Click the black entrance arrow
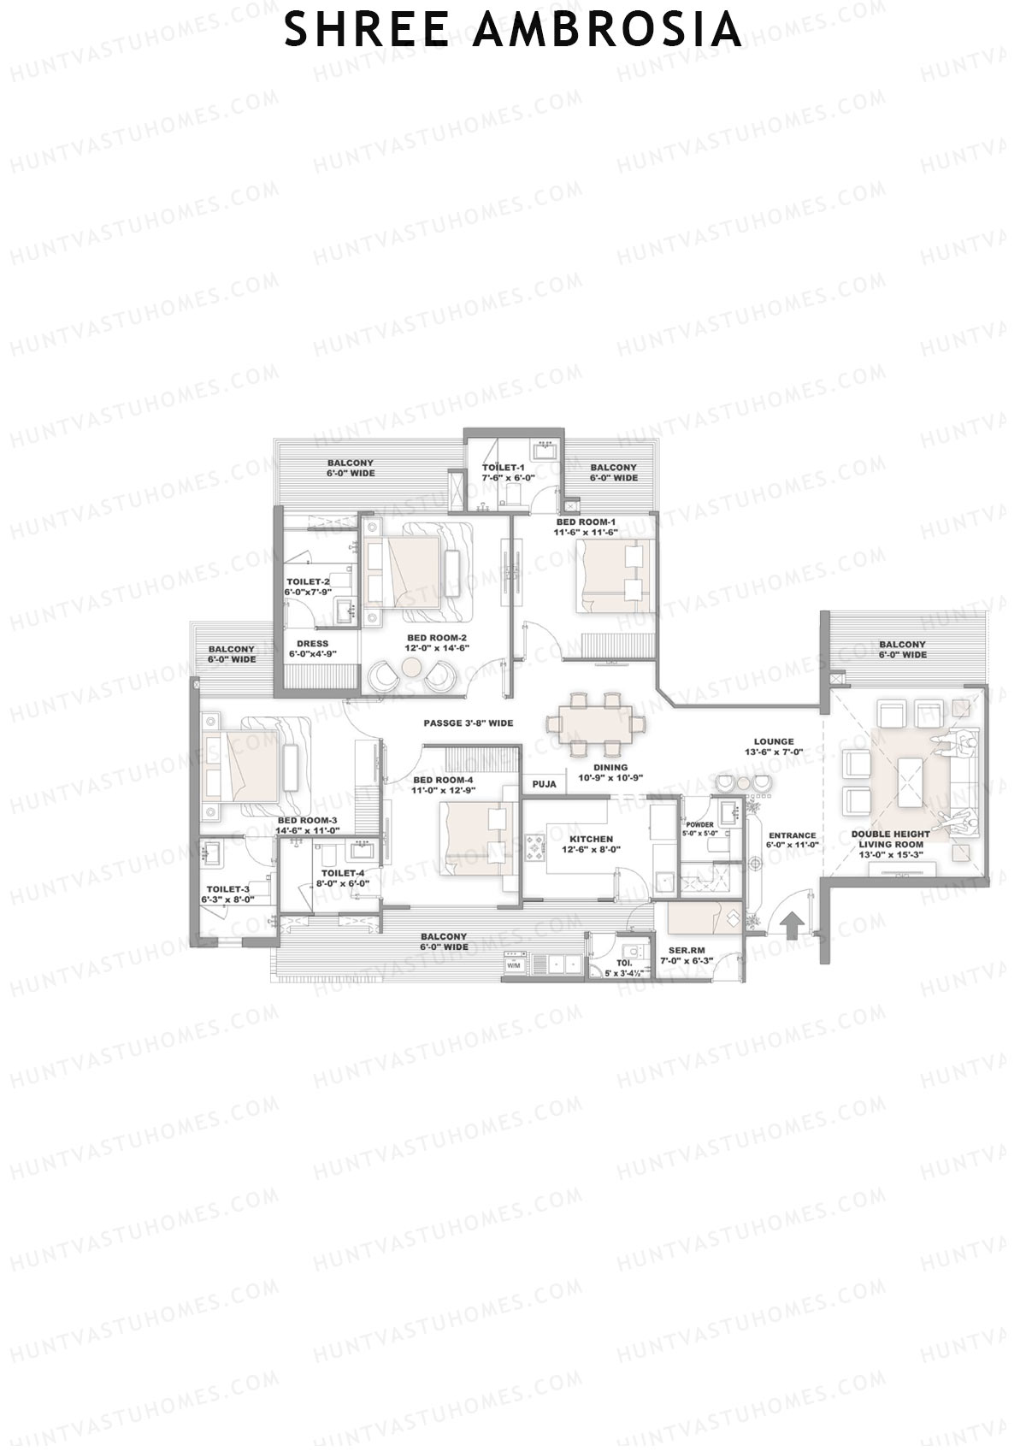[x=792, y=926]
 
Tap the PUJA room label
[x=544, y=784]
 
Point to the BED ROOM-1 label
[x=586, y=522]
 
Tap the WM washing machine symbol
[x=514, y=964]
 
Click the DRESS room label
[x=313, y=644]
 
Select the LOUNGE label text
[x=774, y=741]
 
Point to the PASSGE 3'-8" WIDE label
[x=469, y=723]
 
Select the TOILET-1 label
[x=503, y=468]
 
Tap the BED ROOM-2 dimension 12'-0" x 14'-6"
[x=436, y=649]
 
